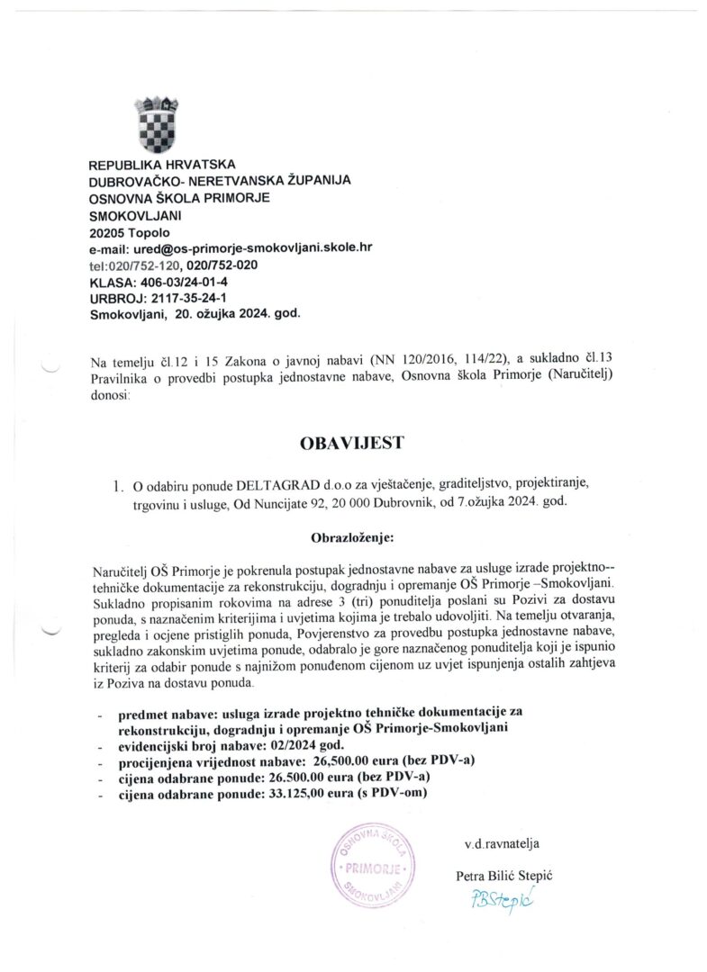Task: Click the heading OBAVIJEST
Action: coord(351,444)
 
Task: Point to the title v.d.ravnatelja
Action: coord(501,843)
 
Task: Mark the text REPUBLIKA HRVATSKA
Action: coord(162,165)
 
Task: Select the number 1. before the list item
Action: coord(119,487)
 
